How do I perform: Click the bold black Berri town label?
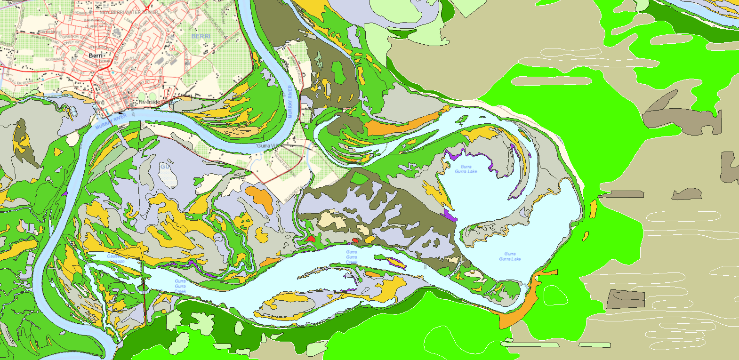[x=96, y=56]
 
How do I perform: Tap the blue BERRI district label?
[x=201, y=36]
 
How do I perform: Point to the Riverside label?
[x=150, y=102]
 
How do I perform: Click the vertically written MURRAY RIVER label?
[x=290, y=101]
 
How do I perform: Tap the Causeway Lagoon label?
[x=115, y=259]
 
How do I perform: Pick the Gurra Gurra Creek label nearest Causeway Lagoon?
[x=180, y=286]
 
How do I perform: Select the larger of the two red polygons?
[x=310, y=239]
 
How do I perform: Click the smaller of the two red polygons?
[x=355, y=241]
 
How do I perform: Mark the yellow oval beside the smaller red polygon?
[x=369, y=240]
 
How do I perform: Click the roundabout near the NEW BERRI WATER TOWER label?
[x=146, y=8]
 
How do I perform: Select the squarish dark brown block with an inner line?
[x=626, y=299]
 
